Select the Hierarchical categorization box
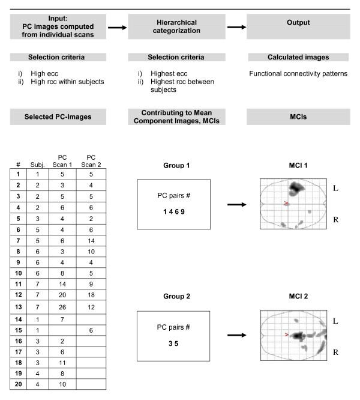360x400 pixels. [173, 27]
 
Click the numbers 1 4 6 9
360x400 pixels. [173, 212]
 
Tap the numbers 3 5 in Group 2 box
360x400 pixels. [173, 343]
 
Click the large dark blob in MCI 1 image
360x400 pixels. [295, 190]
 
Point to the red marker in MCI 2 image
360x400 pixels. [287, 334]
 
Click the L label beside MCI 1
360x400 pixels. [335, 188]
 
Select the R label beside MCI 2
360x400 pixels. [335, 353]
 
